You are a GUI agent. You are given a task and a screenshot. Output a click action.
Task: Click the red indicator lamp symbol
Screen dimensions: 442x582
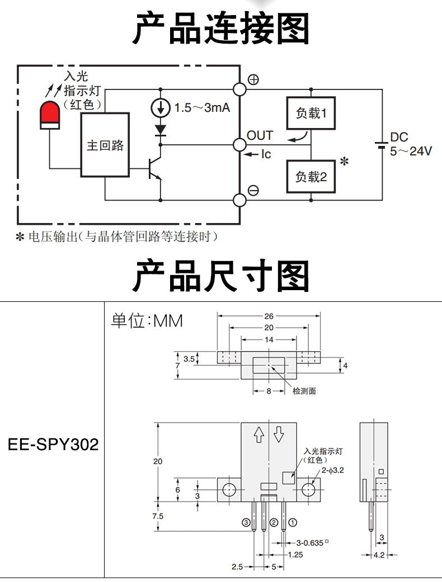(50, 115)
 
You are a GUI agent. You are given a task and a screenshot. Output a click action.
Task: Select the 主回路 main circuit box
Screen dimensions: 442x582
(105, 144)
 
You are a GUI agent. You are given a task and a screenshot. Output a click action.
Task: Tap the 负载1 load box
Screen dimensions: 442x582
(311, 113)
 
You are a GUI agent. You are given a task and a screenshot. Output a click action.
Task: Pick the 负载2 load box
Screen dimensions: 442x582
(311, 177)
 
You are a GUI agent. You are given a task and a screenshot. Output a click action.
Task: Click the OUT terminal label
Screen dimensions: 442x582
(260, 135)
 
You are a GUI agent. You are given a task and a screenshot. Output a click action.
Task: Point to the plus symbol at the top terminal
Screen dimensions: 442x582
(253, 79)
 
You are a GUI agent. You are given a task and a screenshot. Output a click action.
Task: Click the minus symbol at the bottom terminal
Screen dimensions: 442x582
(253, 191)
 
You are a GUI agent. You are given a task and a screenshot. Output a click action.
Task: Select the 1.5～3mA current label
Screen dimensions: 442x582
(202, 108)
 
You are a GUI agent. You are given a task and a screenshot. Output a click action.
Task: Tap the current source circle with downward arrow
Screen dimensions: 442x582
(161, 108)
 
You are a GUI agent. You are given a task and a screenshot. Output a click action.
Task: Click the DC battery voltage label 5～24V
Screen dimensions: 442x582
(411, 151)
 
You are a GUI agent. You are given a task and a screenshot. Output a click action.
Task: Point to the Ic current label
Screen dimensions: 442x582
(266, 154)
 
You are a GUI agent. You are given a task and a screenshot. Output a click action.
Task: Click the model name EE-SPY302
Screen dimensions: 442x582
(54, 444)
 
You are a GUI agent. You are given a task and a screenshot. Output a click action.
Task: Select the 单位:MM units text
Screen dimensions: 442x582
(147, 321)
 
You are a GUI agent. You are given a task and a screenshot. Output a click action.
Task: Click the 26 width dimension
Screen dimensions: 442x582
(269, 316)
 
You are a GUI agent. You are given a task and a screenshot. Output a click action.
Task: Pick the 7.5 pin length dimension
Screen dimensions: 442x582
(157, 516)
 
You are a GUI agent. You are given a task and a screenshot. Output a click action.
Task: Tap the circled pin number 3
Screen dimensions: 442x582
(246, 523)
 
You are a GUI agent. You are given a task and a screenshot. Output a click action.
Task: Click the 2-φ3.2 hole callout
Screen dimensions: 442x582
(333, 470)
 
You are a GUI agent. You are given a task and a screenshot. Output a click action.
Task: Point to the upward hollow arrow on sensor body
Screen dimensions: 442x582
(259, 434)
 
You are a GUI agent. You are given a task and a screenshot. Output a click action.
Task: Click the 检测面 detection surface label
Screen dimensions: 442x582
(304, 391)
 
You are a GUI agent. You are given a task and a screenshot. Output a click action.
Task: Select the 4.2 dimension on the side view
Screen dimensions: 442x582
(379, 555)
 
